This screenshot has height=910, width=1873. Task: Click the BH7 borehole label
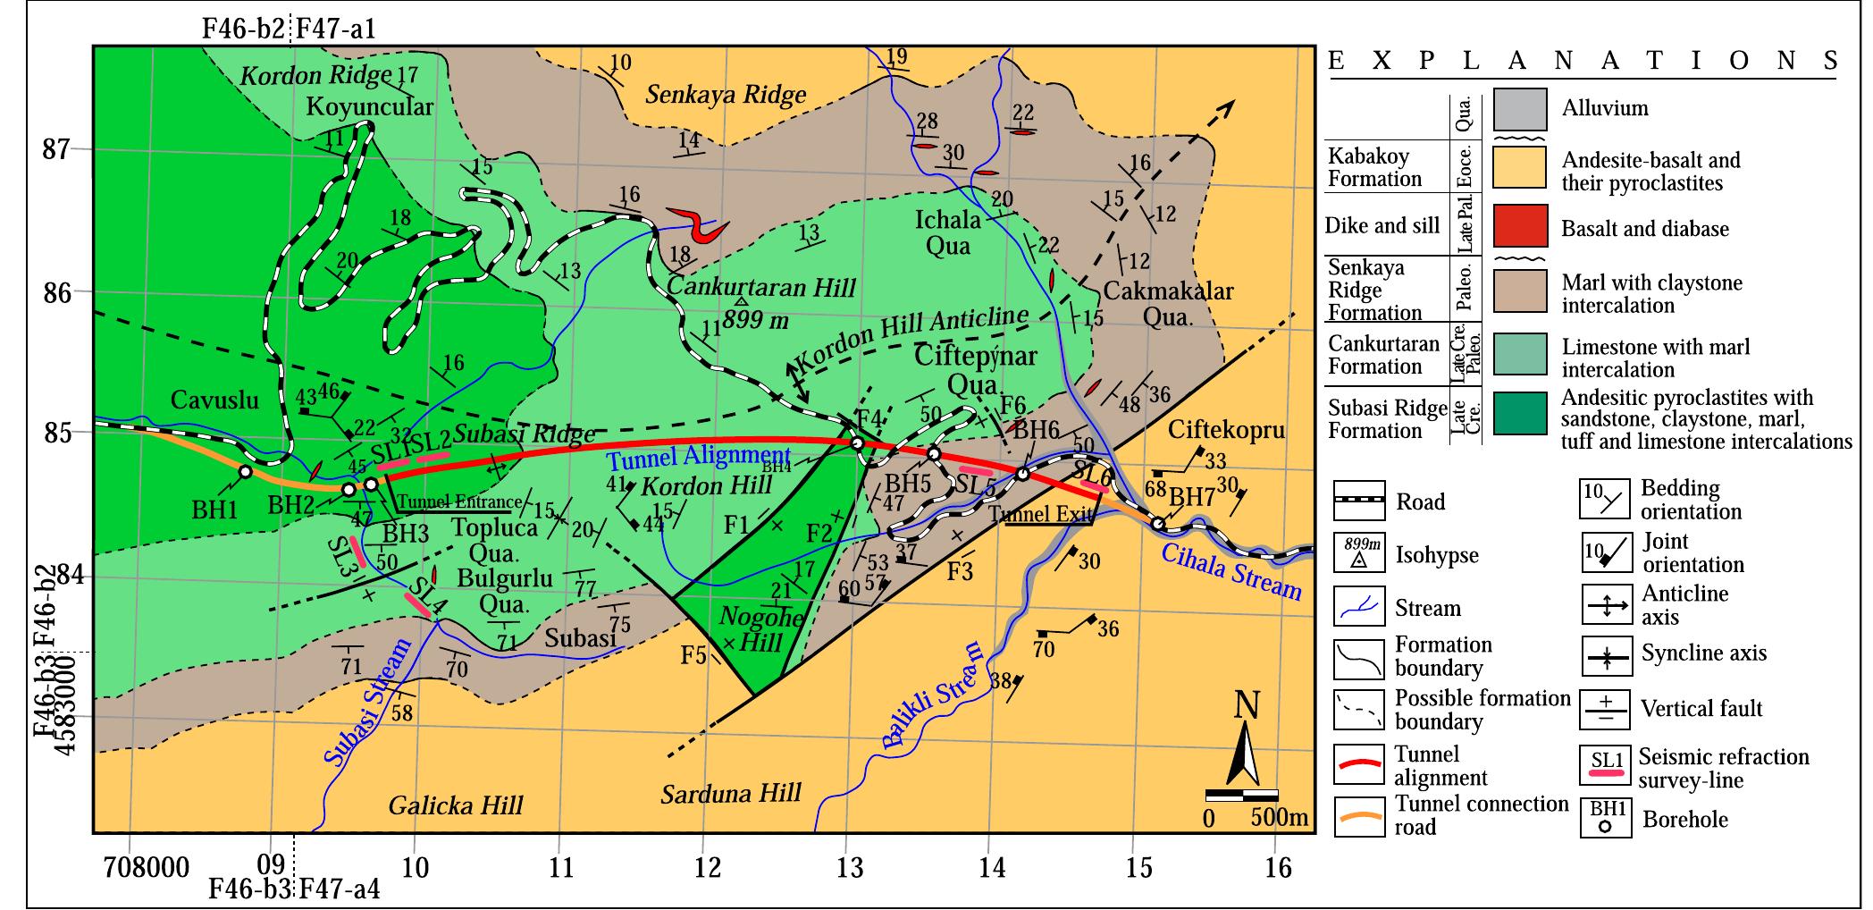click(1192, 496)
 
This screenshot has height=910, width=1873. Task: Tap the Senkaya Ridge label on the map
click(726, 95)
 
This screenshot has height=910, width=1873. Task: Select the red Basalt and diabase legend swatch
click(1520, 227)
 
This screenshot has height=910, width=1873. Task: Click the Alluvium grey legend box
click(1520, 109)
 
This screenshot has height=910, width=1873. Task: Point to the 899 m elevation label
click(756, 319)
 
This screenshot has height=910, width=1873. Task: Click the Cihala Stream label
click(1230, 571)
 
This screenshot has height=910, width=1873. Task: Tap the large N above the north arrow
click(1247, 706)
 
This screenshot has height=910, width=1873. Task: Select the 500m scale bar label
click(1279, 818)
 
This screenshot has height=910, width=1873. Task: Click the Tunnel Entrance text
click(458, 502)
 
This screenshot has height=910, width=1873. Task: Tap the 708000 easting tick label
click(146, 868)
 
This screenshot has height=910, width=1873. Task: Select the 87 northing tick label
click(56, 150)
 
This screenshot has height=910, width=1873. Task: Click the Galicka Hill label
click(455, 806)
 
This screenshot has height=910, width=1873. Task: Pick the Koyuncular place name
click(369, 107)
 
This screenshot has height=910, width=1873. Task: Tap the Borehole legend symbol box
click(1604, 819)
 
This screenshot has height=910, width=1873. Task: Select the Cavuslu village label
click(214, 400)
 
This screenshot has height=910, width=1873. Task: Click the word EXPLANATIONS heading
click(1583, 61)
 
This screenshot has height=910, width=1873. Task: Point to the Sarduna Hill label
click(731, 794)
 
